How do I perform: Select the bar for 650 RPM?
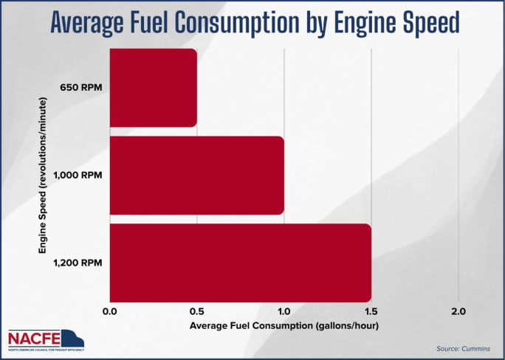(153, 88)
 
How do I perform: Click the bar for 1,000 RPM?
(196, 176)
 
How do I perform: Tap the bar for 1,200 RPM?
(240, 262)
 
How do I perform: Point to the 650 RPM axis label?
(81, 88)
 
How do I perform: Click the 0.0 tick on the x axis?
(110, 312)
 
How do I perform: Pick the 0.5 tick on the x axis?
(197, 312)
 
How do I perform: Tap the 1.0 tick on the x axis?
(284, 312)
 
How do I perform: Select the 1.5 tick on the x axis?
(371, 312)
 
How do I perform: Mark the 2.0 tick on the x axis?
(458, 312)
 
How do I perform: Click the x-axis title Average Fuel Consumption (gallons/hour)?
(284, 325)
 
